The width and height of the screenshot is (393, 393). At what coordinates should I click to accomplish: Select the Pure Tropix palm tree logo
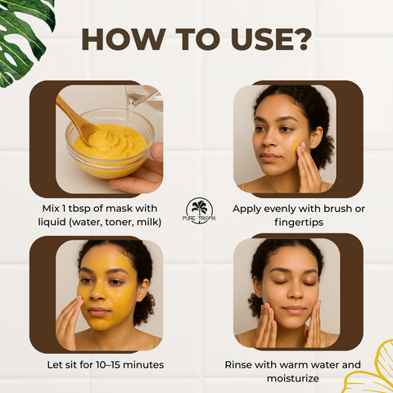coord(199,210)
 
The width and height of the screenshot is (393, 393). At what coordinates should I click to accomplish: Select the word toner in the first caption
coord(120,223)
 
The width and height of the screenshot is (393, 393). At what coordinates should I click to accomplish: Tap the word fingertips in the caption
coord(299,223)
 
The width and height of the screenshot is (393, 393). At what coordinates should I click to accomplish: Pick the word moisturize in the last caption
coord(293,378)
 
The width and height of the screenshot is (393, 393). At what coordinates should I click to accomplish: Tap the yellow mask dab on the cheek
coord(296,147)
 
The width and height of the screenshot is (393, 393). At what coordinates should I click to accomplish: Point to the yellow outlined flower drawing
coord(371,368)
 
